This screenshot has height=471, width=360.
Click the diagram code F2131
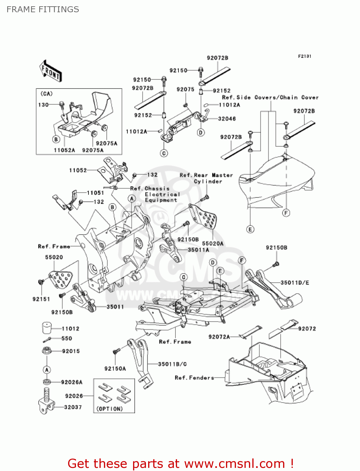pos(304,56)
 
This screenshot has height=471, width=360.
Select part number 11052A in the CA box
pos(64,150)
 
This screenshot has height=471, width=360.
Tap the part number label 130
pos(43,105)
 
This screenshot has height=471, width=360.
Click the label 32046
pos(227,119)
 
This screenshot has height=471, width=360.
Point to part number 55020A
pos(212,243)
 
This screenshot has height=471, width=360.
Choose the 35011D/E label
pos(294,283)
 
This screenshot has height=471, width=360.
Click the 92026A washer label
pos(72,382)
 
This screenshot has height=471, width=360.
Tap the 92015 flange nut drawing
pos(47,350)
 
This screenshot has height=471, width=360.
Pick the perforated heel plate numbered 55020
pos(61,279)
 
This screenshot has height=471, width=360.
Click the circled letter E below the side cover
pos(250,230)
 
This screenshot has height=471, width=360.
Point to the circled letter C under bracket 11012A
pos(164,153)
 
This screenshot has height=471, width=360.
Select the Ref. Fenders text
pos(194,378)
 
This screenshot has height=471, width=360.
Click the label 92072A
pos(219,337)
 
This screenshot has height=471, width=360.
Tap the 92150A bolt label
pos(115,369)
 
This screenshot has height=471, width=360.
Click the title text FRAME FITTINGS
pos(43,9)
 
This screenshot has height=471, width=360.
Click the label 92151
pos(41,299)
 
